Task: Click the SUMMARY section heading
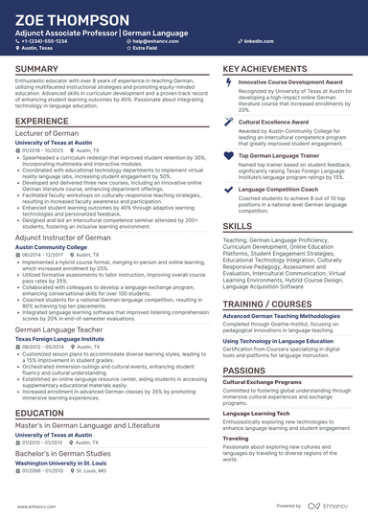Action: pyautogui.click(x=36, y=70)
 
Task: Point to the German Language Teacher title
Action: pyautogui.click(x=58, y=328)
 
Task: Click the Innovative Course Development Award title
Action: pyautogui.click(x=289, y=83)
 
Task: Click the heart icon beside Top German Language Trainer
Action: pyautogui.click(x=227, y=155)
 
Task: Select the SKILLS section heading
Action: pyautogui.click(x=238, y=226)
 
